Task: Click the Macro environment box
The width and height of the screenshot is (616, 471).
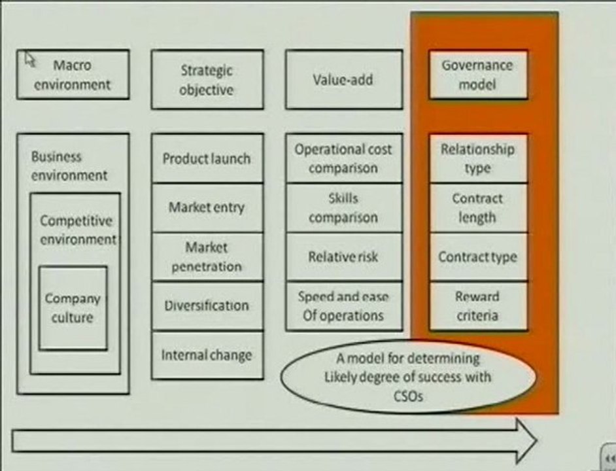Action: [x=73, y=75]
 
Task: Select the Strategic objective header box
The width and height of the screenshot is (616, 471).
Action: [x=207, y=79]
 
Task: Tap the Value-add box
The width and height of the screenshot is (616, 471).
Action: [x=344, y=79]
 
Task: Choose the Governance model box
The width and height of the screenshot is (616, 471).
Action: [x=478, y=75]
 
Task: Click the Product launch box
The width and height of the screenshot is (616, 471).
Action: [x=207, y=158]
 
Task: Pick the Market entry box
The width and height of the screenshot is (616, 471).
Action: [x=207, y=207]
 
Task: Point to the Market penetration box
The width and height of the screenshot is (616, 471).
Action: [x=207, y=256]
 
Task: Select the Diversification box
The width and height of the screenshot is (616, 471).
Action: [x=207, y=306]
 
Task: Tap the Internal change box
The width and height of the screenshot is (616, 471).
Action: [x=207, y=355]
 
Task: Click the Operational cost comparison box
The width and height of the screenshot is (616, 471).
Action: [x=344, y=158]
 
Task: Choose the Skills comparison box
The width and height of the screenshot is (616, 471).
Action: [x=344, y=207]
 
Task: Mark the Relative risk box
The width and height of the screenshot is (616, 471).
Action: [x=344, y=256]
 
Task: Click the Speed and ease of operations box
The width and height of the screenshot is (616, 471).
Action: [x=344, y=306]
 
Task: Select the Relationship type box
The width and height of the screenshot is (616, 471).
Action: [x=478, y=158]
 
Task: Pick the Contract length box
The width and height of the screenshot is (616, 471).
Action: [x=478, y=207]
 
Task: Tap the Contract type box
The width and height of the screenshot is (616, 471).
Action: [x=478, y=256]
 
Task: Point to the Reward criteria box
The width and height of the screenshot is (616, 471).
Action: [x=478, y=306]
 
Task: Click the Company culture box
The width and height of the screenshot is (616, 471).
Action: [x=73, y=308]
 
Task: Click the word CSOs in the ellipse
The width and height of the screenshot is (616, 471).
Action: [x=408, y=396]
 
